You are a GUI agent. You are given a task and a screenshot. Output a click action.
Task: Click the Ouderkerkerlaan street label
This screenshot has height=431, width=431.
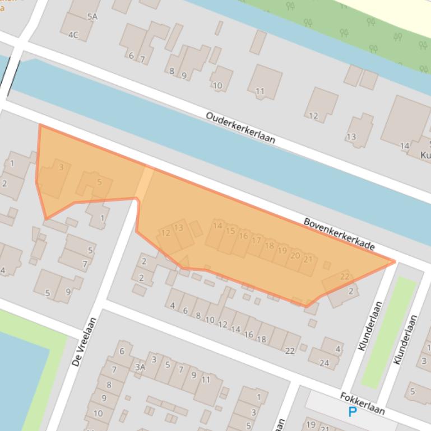click(x=240, y=128)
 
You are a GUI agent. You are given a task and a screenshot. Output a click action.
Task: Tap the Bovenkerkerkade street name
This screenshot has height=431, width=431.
click(x=339, y=234)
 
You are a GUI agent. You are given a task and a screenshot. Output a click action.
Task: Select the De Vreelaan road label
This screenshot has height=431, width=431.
click(x=85, y=341)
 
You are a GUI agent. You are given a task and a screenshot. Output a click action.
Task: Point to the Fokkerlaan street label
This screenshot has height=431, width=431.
click(x=362, y=403)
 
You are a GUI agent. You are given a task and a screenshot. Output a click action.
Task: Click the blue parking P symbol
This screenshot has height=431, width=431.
click(x=352, y=413)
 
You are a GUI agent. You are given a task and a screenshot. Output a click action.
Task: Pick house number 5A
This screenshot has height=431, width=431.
click(x=92, y=17)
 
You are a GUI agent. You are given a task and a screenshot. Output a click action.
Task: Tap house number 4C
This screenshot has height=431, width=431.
click(x=73, y=35)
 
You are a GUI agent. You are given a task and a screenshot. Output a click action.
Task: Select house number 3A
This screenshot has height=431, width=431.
click(x=140, y=367)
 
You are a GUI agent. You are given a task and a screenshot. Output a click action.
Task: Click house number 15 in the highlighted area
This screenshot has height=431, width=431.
click(x=230, y=231)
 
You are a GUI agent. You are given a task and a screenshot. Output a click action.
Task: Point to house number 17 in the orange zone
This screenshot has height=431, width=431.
click(x=256, y=241)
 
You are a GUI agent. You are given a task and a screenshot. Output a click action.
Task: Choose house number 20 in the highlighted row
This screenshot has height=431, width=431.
click(x=295, y=255)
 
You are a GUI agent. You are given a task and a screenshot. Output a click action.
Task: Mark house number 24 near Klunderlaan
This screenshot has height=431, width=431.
click(x=324, y=363)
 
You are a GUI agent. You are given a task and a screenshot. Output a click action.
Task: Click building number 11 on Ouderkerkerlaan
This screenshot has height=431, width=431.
click(x=260, y=91)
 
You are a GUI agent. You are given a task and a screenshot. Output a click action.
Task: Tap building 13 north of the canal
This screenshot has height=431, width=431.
click(x=351, y=137)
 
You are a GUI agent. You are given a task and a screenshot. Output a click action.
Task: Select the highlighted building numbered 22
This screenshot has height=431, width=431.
click(x=344, y=277)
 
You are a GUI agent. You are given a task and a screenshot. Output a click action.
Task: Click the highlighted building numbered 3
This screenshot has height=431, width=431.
click(x=61, y=167)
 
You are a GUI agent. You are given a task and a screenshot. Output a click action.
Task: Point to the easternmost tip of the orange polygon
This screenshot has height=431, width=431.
click(x=395, y=261)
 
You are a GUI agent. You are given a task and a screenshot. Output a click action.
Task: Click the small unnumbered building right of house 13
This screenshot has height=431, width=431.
click(x=196, y=228)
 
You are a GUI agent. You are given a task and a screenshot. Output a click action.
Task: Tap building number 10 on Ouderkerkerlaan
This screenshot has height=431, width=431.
click(x=217, y=86)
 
